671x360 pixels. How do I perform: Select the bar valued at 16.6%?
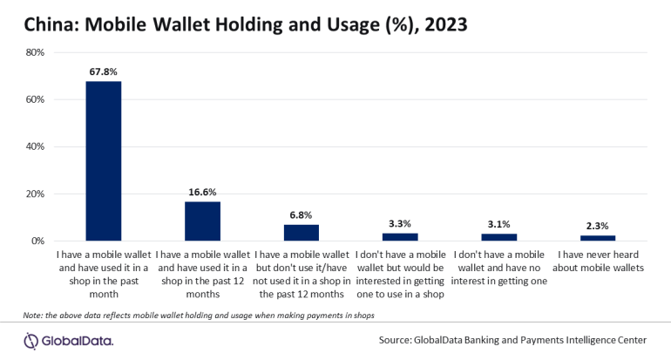pos(202,221)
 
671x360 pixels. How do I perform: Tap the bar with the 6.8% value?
pos(302,232)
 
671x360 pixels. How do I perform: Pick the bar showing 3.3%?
pos(400,236)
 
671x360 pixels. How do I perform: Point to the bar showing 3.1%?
pos(499,237)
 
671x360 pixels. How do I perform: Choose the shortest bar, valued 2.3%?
pos(599,238)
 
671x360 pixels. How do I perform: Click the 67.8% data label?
pos(103,71)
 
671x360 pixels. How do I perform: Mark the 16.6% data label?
pos(202,192)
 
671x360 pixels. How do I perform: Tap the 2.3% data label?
pos(599,226)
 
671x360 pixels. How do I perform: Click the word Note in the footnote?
pos(33,314)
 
